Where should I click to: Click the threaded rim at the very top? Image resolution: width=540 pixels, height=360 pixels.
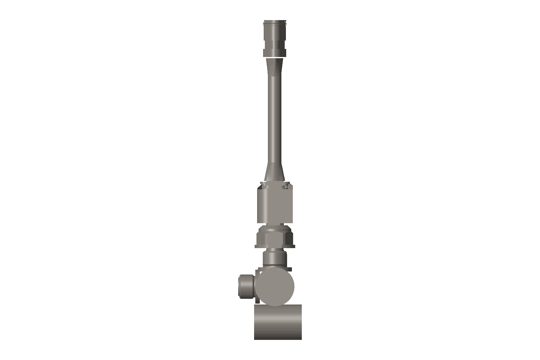click(x=275, y=22)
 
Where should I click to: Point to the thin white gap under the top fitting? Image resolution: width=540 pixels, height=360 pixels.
click(x=275, y=57)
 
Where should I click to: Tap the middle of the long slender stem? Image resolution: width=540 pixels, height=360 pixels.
click(x=275, y=120)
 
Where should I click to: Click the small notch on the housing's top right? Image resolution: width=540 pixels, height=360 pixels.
click(x=286, y=187)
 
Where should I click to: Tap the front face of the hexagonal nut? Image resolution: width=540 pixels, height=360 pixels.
click(x=274, y=238)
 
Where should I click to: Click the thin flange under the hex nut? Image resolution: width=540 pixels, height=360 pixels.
click(x=275, y=247)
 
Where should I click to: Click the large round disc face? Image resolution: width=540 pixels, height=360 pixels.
click(x=274, y=286)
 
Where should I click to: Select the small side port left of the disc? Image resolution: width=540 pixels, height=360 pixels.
click(x=246, y=286)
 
